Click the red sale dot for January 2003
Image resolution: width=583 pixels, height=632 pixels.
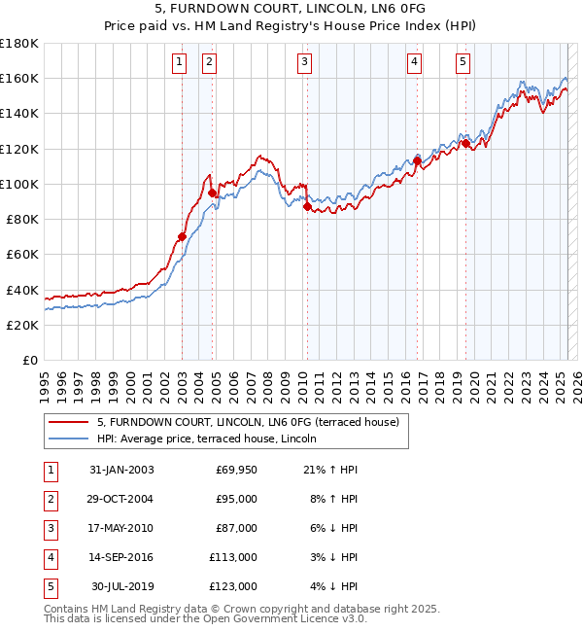(x=182, y=236)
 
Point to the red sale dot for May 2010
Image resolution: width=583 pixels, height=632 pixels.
(x=307, y=206)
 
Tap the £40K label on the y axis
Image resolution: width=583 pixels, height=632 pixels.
(x=22, y=290)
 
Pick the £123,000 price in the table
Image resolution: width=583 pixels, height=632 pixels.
(x=232, y=586)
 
